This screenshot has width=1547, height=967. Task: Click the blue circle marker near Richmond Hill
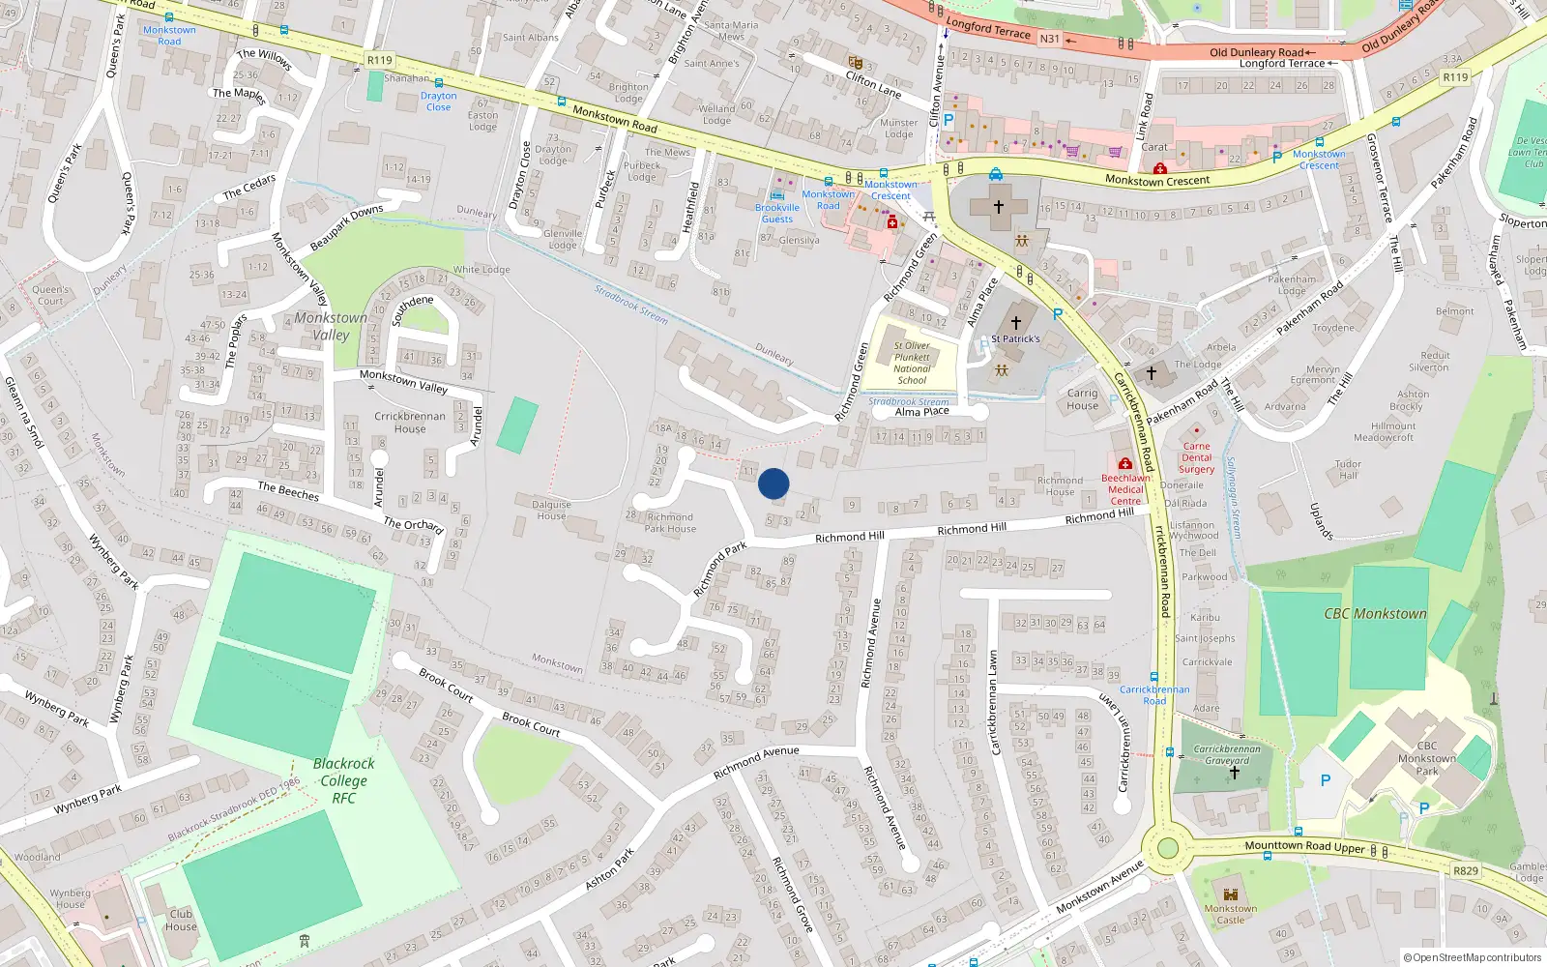tap(773, 483)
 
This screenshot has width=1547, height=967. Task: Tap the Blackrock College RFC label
tap(344, 780)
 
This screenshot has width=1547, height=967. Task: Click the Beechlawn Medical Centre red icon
tap(1124, 464)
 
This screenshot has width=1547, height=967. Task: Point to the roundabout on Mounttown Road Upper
tap(1167, 848)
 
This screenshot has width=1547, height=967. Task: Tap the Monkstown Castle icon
tap(1231, 894)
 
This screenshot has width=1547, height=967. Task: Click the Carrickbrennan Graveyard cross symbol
tap(1234, 773)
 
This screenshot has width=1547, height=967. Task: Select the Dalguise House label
tap(551, 510)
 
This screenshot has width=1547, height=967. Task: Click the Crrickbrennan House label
tap(410, 423)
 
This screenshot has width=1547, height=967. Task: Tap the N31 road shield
tap(1049, 39)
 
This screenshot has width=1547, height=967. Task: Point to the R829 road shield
tap(1465, 870)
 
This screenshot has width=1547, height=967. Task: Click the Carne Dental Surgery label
tap(1196, 457)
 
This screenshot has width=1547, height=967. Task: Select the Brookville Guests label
tap(777, 213)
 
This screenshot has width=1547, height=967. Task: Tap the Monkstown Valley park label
tap(331, 326)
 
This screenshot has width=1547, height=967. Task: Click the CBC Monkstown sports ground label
tap(1375, 613)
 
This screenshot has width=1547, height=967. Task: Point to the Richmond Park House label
tap(670, 522)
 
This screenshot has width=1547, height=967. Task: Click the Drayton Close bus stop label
tap(438, 102)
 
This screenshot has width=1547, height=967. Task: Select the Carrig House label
tap(1082, 399)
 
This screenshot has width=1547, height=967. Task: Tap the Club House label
tap(181, 920)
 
